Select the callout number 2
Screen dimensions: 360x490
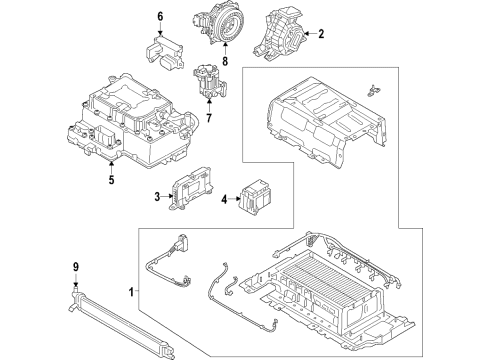click(321, 34)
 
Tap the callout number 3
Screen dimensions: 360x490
click(158, 197)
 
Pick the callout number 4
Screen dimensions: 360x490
click(224, 198)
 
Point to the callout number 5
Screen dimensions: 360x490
click(111, 181)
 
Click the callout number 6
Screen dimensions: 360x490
click(158, 16)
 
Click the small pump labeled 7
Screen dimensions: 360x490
click(207, 80)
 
